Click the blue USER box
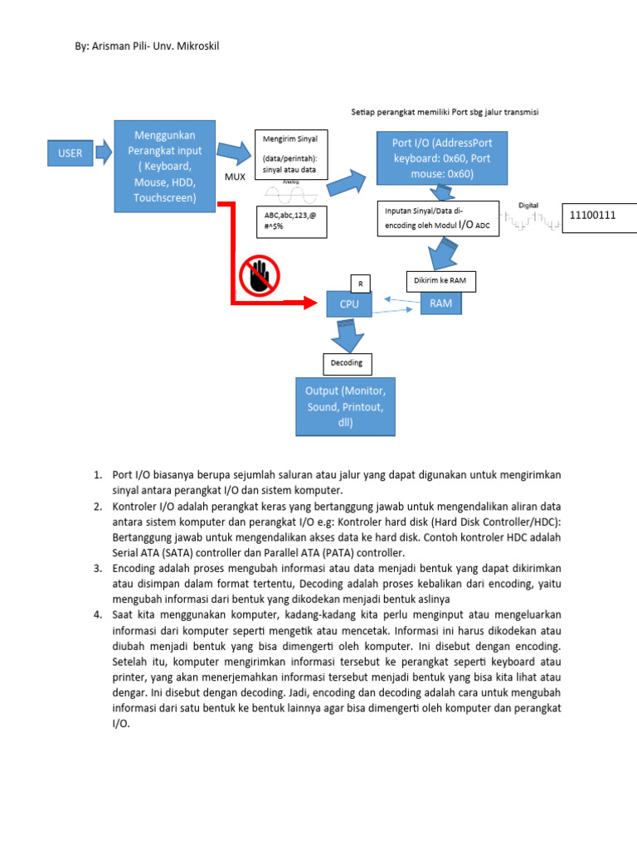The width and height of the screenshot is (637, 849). (70, 153)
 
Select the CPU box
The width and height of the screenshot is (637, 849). (348, 304)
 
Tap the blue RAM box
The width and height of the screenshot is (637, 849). (440, 303)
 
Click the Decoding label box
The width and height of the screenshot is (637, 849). (348, 363)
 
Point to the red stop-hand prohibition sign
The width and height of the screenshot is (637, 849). (260, 275)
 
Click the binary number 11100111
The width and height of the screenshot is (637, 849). (591, 216)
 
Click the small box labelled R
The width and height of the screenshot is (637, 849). (361, 284)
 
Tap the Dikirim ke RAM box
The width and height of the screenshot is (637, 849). (440, 282)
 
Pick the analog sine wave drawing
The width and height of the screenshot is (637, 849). (290, 195)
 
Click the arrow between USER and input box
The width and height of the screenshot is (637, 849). (104, 153)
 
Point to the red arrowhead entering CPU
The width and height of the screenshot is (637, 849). (314, 303)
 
